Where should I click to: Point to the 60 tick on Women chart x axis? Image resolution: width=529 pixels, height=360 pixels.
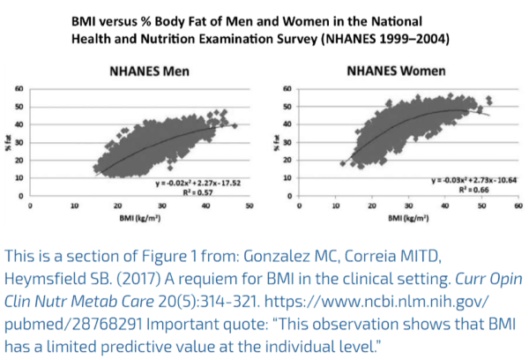516,205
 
